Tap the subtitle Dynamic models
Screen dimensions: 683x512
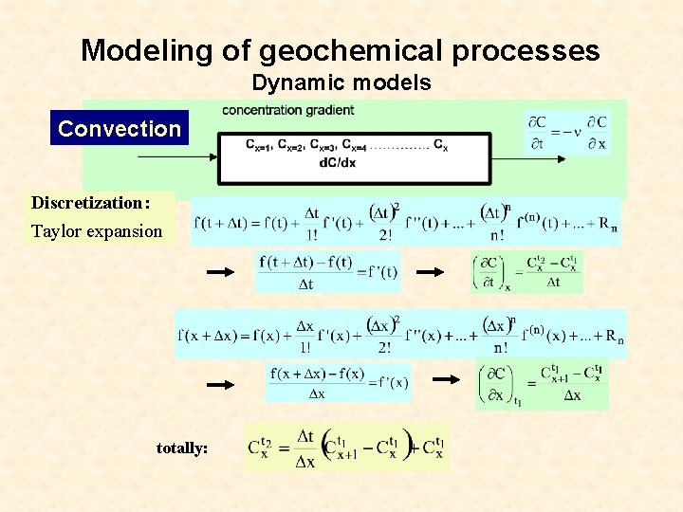(341, 83)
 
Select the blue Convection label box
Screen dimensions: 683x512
(120, 129)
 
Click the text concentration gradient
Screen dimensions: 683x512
(288, 111)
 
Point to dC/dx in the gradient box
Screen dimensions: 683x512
(338, 162)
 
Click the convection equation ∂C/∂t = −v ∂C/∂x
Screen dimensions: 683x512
(567, 133)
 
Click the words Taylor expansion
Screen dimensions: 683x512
(97, 230)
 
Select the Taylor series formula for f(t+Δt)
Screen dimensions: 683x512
(406, 222)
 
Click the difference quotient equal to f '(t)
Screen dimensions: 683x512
(327, 271)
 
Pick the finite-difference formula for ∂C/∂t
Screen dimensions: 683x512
(527, 272)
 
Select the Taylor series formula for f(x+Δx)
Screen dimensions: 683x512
(400, 334)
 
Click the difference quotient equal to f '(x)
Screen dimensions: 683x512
(339, 383)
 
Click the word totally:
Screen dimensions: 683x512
(182, 448)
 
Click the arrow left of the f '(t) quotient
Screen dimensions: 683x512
(220, 272)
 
